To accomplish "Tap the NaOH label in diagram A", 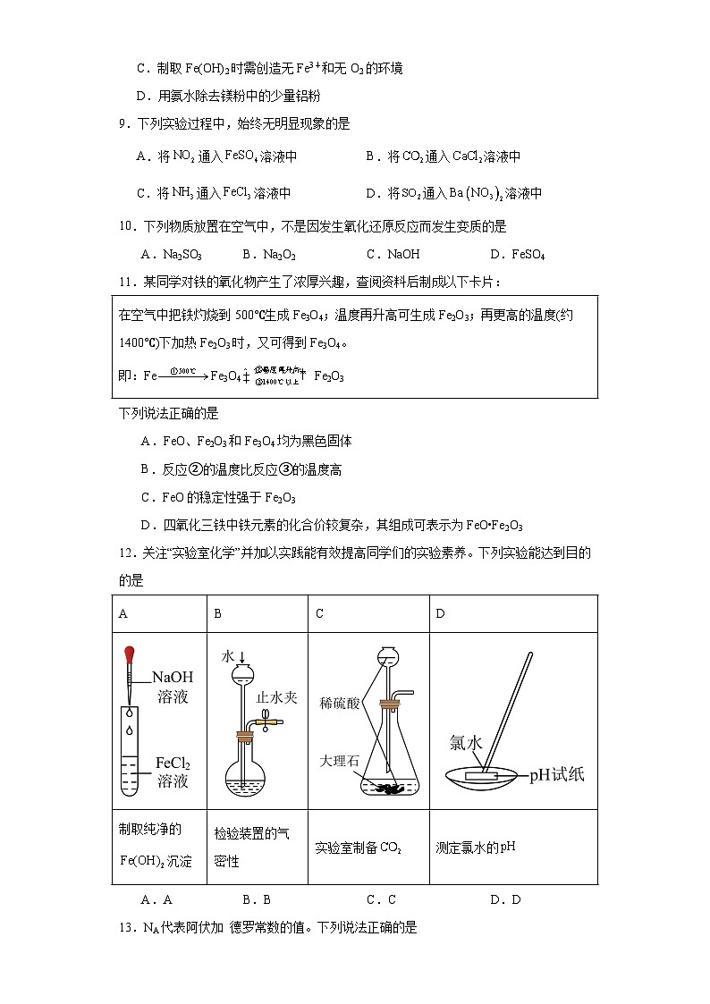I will coord(173,677).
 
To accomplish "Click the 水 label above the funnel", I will coord(228,655).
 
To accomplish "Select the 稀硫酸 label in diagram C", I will coord(340,703).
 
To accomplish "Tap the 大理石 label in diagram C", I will coord(340,760).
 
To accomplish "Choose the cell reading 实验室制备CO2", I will coord(368,848).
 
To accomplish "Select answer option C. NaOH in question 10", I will coord(393,254).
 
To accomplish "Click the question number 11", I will coord(126,282).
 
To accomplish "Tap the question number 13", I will coord(126,927).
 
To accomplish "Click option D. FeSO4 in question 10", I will coord(518,254).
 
